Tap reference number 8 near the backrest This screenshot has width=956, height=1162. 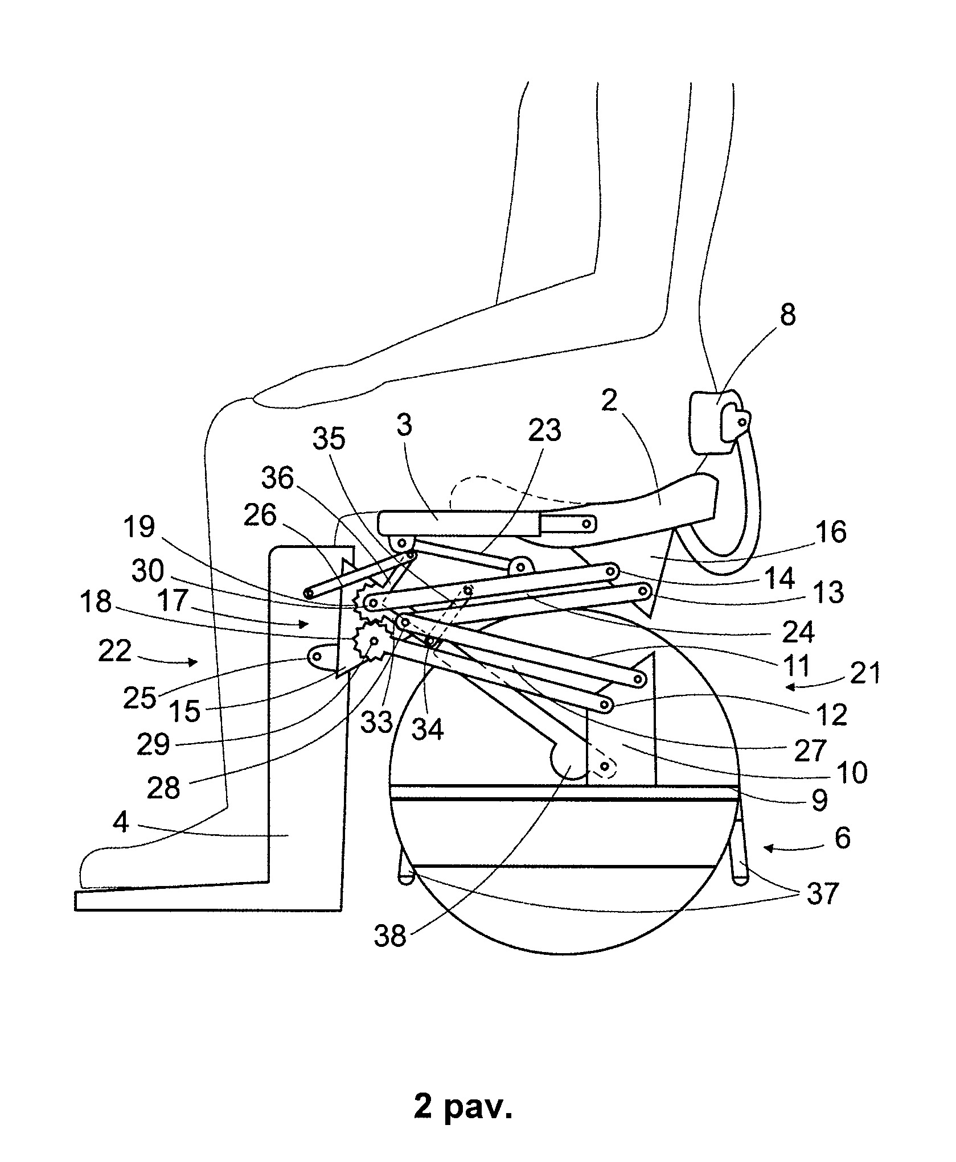[x=787, y=315]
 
